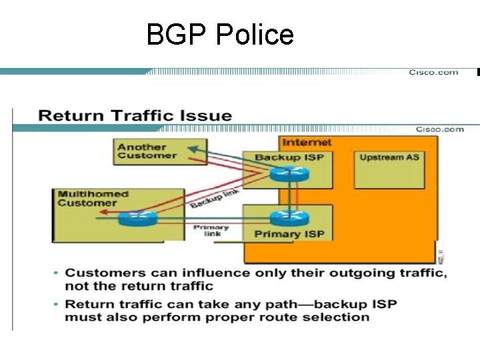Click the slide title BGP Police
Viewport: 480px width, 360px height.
(x=220, y=35)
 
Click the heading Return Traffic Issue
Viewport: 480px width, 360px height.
(x=135, y=115)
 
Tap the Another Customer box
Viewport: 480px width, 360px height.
(x=159, y=151)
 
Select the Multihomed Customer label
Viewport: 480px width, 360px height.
(x=93, y=199)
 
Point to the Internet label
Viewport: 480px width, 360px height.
(x=307, y=142)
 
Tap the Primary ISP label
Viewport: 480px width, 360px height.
(x=289, y=234)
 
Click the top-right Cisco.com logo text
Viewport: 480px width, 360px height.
(x=433, y=72)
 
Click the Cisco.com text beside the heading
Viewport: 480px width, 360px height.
(x=440, y=129)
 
